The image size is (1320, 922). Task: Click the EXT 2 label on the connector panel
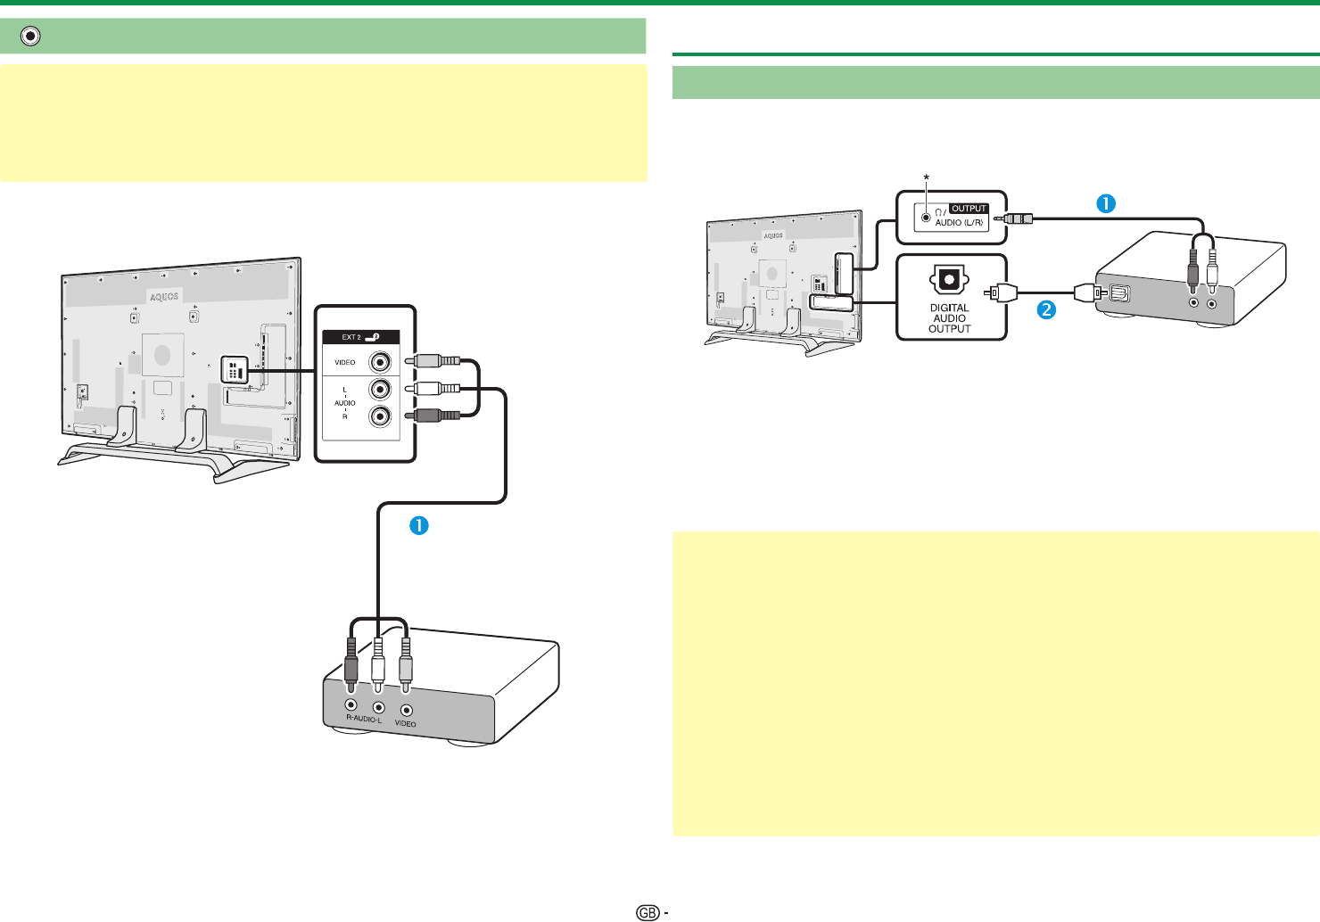tap(351, 337)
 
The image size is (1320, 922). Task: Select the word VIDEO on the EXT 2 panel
tap(345, 363)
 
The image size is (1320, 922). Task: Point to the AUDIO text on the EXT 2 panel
tap(345, 403)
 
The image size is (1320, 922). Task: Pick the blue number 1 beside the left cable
tap(418, 525)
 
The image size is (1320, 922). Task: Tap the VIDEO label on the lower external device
tap(406, 724)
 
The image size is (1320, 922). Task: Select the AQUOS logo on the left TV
tap(164, 296)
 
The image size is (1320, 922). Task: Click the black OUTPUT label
tap(969, 209)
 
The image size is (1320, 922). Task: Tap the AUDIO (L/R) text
tap(959, 223)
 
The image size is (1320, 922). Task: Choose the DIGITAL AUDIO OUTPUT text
tap(950, 318)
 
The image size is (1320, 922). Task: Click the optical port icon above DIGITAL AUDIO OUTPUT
tap(949, 280)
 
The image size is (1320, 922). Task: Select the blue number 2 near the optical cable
tap(1045, 310)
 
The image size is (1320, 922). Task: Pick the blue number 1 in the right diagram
tap(1104, 203)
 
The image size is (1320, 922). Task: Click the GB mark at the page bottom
tap(648, 912)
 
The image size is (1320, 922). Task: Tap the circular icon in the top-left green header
tap(31, 36)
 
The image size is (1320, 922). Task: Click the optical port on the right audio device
tap(1119, 292)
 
